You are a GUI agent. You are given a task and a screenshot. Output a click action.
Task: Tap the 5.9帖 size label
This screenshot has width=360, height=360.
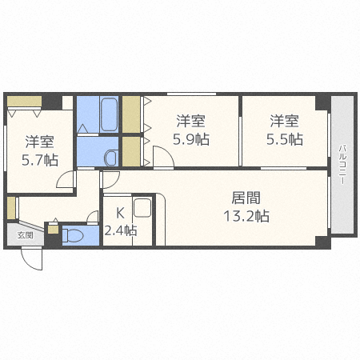click(x=191, y=139)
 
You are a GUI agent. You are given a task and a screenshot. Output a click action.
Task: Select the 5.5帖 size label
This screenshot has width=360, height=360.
click(x=285, y=139)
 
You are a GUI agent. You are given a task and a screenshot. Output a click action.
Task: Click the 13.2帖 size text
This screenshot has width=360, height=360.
click(x=246, y=215)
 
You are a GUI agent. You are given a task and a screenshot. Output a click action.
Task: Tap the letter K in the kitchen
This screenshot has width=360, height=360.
click(x=119, y=213)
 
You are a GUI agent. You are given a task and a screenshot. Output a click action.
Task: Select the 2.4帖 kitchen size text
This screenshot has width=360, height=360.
click(x=120, y=230)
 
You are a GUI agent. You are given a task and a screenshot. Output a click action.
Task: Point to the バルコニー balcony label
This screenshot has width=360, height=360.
click(x=342, y=165)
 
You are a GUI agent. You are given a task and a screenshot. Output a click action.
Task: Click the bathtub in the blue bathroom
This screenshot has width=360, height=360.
click(x=109, y=114)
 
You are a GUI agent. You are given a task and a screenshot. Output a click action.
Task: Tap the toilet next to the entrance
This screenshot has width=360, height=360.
click(x=73, y=235)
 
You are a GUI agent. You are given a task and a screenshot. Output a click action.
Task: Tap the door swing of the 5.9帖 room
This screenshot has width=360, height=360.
click(x=162, y=158)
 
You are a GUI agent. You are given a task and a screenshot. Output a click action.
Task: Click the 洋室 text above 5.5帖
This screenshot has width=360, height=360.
click(x=284, y=122)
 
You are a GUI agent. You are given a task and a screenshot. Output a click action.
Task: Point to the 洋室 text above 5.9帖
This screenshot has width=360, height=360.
click(x=191, y=122)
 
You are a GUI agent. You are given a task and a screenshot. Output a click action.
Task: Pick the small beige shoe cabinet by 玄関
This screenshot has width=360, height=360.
click(x=52, y=229)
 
